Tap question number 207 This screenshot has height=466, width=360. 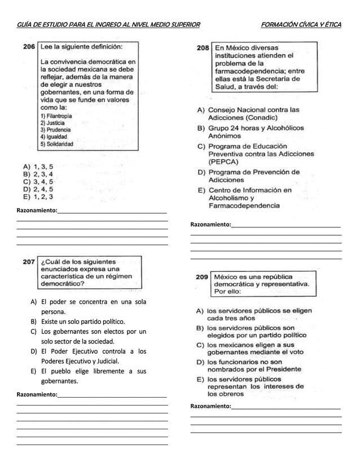coord(29,262)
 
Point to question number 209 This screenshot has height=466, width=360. coord(201,277)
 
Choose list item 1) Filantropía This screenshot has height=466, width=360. coord(57,115)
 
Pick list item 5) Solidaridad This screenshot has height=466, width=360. coord(56,144)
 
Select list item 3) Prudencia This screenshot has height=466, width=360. coord(55,129)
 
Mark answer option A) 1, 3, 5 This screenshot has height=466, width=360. coord(38,167)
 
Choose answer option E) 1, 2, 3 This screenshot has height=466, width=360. coord(38,197)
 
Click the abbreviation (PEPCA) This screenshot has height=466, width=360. coord(225,161)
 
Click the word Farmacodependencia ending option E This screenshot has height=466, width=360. coord(244,206)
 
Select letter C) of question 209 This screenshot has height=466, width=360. coord(200,345)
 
